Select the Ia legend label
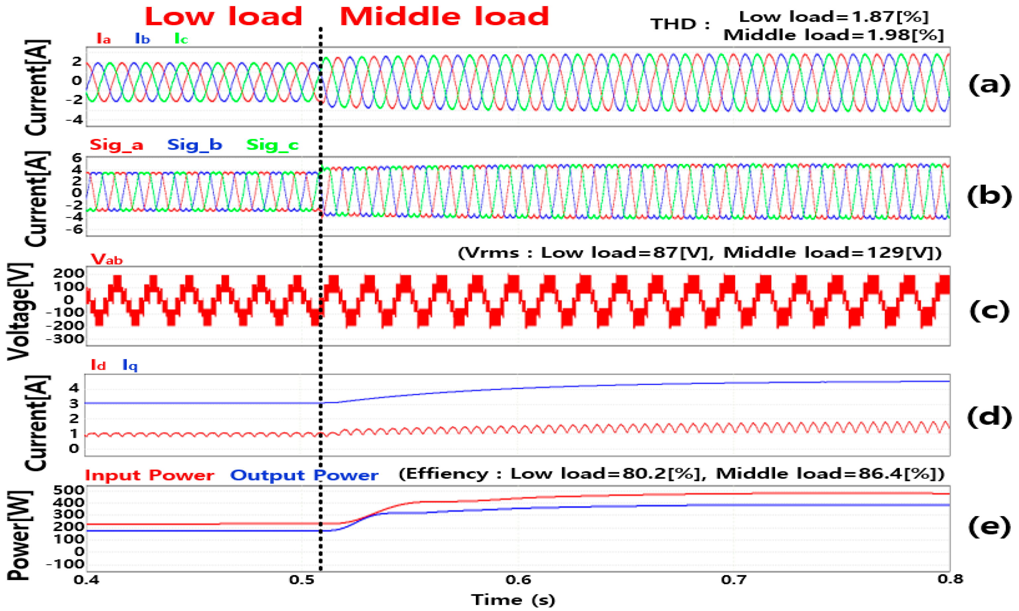[103, 39]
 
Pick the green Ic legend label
[181, 39]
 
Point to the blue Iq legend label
[130, 365]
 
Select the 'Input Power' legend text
[149, 475]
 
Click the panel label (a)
[989, 85]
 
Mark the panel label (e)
[989, 527]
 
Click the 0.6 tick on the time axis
[519, 580]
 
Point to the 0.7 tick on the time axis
[735, 580]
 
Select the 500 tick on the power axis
[69, 490]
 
